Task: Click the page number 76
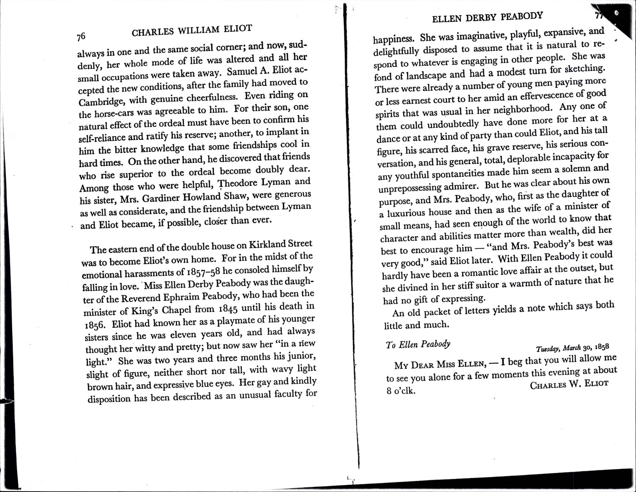tap(81, 37)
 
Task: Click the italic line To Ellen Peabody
tap(418, 344)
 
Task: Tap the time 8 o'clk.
tap(400, 391)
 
